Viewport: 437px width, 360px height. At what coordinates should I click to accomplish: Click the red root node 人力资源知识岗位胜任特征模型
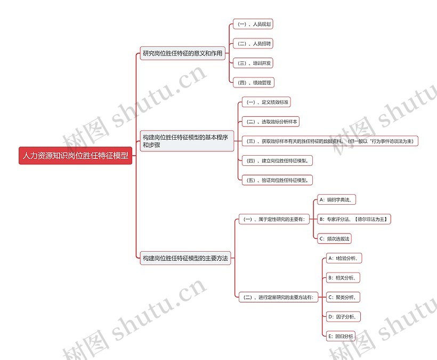(x=75, y=156)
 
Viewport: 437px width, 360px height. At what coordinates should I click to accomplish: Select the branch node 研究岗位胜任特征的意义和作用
(x=183, y=53)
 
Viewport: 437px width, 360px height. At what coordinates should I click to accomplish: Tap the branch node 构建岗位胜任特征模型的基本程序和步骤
(x=185, y=141)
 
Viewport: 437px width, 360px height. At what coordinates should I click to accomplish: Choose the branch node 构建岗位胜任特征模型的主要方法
(x=185, y=259)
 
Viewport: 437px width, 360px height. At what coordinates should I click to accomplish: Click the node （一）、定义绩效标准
(x=266, y=102)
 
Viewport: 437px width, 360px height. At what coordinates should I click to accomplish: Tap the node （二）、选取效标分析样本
(x=271, y=122)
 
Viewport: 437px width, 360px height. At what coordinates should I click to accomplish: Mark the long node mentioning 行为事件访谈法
(x=330, y=141)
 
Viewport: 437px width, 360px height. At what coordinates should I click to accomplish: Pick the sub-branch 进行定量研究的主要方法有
(x=278, y=298)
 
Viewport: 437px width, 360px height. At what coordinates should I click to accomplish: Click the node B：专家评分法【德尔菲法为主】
(x=354, y=219)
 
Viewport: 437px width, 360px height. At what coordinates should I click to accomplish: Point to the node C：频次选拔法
(x=335, y=238)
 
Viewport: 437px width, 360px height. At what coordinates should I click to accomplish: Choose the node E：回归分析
(x=340, y=337)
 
